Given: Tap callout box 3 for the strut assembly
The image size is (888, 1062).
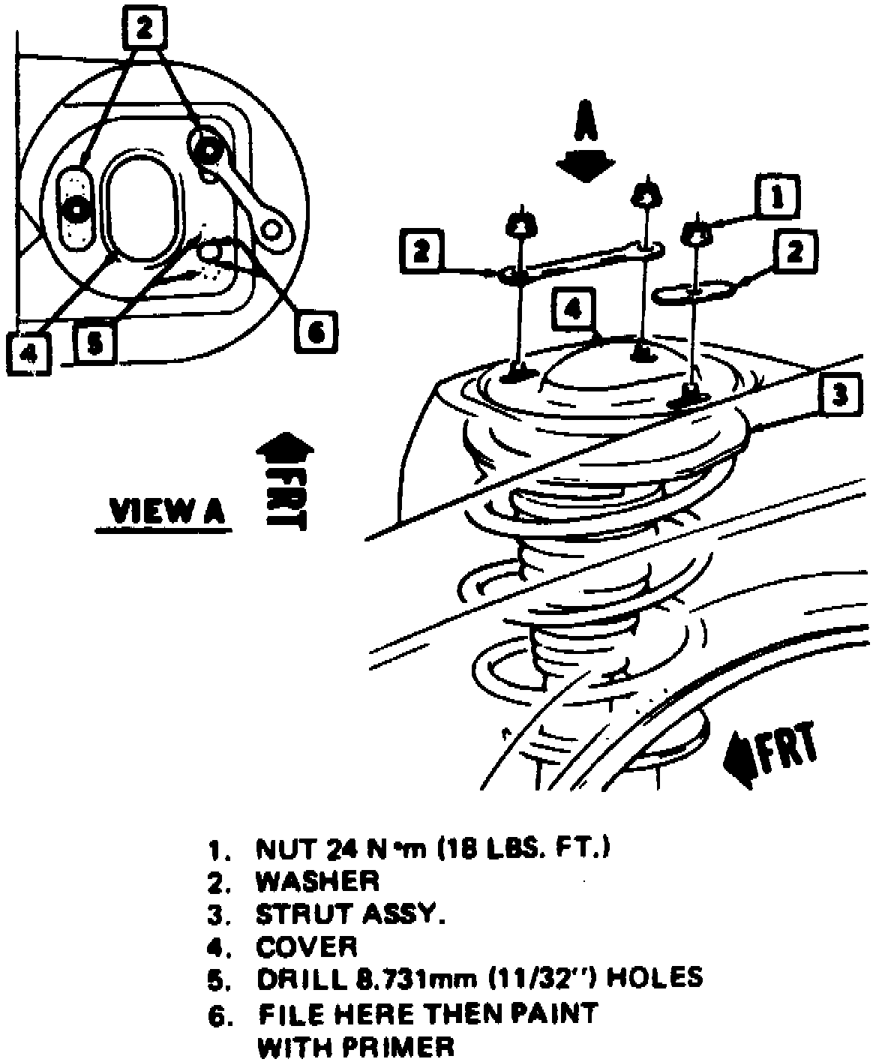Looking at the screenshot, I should click(841, 392).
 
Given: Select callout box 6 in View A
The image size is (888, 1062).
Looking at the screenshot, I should click(316, 331).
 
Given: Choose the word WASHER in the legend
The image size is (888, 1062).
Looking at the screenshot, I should click(317, 881).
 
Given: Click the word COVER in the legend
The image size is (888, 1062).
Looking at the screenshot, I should click(307, 946).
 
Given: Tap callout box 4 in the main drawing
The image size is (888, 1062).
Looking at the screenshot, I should click(573, 310).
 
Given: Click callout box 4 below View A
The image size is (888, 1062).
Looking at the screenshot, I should click(28, 352).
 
